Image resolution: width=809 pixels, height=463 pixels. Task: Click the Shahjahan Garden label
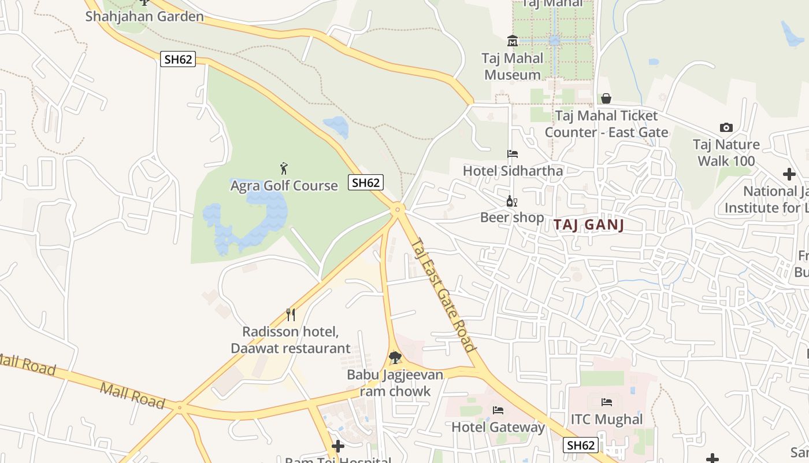[x=144, y=16]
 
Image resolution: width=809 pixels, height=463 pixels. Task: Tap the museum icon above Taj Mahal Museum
[x=513, y=41]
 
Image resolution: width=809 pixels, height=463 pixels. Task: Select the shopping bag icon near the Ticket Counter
[x=606, y=98]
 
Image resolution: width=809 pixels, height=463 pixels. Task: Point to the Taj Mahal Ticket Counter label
[x=606, y=124]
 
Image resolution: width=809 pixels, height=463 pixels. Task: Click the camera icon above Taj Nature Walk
[x=726, y=127]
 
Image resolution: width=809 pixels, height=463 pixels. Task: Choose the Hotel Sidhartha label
[x=513, y=171]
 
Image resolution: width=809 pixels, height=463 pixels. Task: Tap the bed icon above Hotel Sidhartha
[x=513, y=154]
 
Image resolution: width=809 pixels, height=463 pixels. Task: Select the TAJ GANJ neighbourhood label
[x=589, y=225]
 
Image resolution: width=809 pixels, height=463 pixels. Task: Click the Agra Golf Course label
[x=284, y=186]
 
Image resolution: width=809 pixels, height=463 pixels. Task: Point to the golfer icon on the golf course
[x=284, y=168]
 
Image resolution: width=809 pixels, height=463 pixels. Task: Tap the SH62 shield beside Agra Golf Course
[x=366, y=182]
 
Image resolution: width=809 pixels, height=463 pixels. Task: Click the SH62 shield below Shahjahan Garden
[x=178, y=58]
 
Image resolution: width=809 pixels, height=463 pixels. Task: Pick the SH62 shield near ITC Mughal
[x=581, y=445]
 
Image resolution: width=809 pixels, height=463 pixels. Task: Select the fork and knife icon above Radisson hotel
[x=291, y=315]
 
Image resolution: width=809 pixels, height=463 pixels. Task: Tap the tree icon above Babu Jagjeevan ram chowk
[x=395, y=358]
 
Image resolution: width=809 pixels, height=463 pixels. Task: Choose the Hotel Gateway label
[x=498, y=427]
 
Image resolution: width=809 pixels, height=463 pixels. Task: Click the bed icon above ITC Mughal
[x=607, y=402]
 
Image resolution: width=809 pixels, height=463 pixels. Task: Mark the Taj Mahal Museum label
[x=513, y=66]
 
